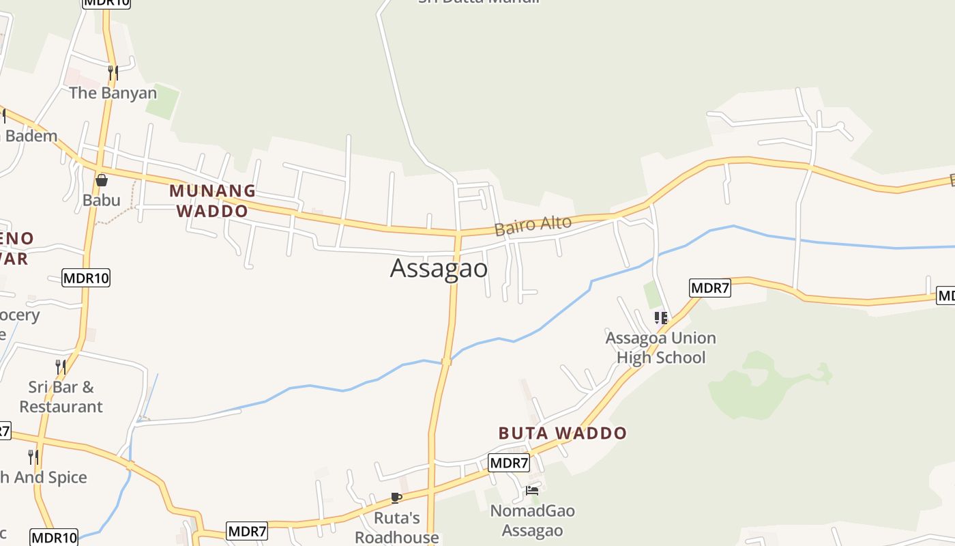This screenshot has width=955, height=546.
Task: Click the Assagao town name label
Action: [x=439, y=268]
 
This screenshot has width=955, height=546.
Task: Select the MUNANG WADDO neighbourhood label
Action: [x=212, y=201]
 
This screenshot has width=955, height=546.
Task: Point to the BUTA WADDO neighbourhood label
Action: [x=562, y=433]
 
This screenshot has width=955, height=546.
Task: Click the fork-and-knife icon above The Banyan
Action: [x=113, y=72]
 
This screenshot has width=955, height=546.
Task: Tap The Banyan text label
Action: [x=113, y=93]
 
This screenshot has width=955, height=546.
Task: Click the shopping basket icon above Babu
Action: [x=102, y=180]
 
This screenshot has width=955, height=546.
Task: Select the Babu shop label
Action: [x=101, y=200]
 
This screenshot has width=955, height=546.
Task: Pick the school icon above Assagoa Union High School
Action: [x=660, y=317]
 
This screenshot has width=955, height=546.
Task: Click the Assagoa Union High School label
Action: [x=660, y=347]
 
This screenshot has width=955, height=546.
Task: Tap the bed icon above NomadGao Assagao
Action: [x=532, y=490]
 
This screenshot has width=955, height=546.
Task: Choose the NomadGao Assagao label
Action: [x=532, y=521]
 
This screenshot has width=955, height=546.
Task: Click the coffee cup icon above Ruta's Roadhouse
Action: [x=396, y=498]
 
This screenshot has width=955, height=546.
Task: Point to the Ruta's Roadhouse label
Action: [x=396, y=528]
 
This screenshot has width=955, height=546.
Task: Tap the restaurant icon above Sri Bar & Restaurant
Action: [x=61, y=367]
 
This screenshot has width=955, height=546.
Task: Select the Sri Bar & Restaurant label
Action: [x=61, y=397]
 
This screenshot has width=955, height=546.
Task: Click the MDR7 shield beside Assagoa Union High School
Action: [x=709, y=288]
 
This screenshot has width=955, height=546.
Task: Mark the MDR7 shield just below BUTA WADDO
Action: [x=509, y=463]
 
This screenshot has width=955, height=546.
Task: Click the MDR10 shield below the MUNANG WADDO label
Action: [x=86, y=278]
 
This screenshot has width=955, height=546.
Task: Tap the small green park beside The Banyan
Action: [x=162, y=101]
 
